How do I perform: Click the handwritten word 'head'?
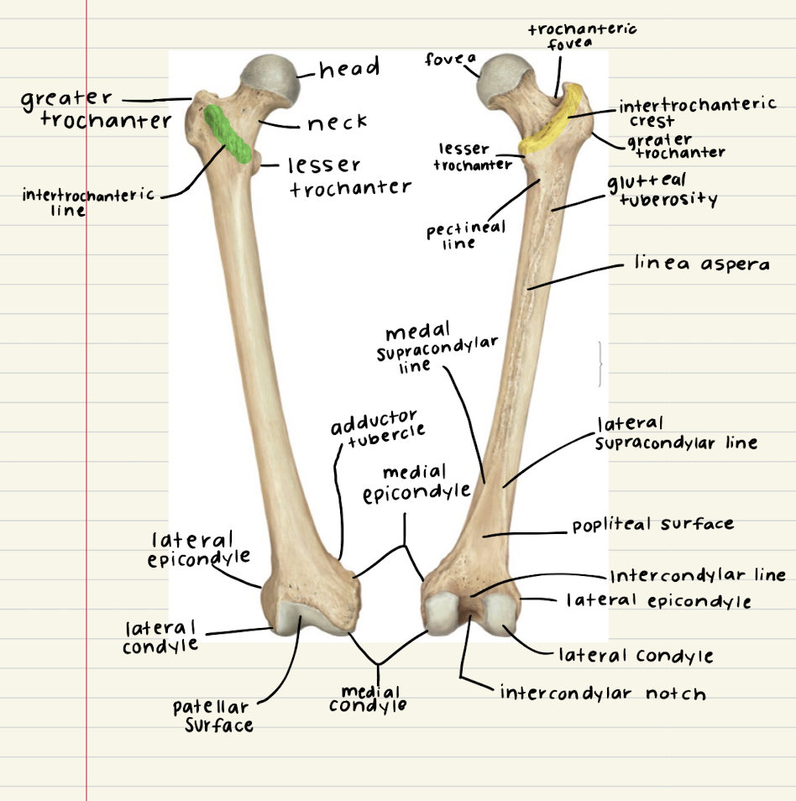349,68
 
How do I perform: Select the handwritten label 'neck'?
337,123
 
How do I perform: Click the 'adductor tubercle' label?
377,426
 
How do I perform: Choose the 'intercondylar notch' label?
603,694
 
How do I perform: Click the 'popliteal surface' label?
652,525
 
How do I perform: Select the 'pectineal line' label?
464,235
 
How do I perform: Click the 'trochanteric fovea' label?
581,36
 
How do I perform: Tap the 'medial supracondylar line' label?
437,346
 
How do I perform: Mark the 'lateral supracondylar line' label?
675,433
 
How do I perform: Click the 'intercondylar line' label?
698,575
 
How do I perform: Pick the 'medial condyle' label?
367,699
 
